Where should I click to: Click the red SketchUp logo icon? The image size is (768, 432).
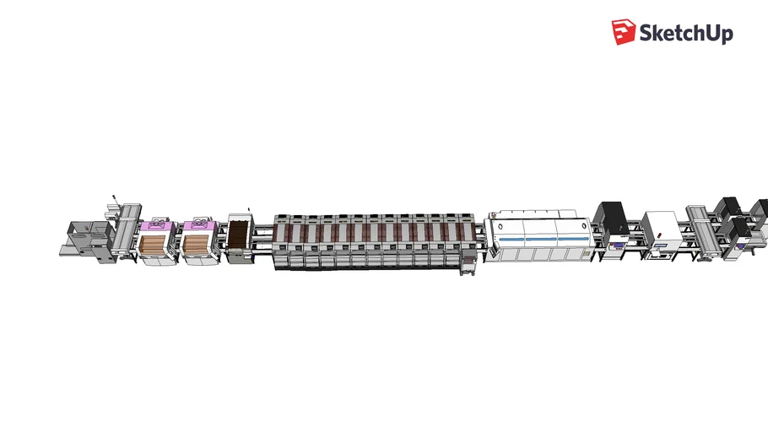coord(623,32)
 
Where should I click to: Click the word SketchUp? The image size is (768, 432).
coord(685,33)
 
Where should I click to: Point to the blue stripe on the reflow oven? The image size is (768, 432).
coord(540,240)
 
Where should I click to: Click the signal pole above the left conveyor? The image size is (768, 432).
coord(114,202)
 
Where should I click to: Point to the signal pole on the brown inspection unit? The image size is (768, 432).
coord(250,208)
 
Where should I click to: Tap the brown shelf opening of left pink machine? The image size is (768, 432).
coord(154,246)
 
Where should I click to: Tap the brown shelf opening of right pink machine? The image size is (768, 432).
coord(197,246)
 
